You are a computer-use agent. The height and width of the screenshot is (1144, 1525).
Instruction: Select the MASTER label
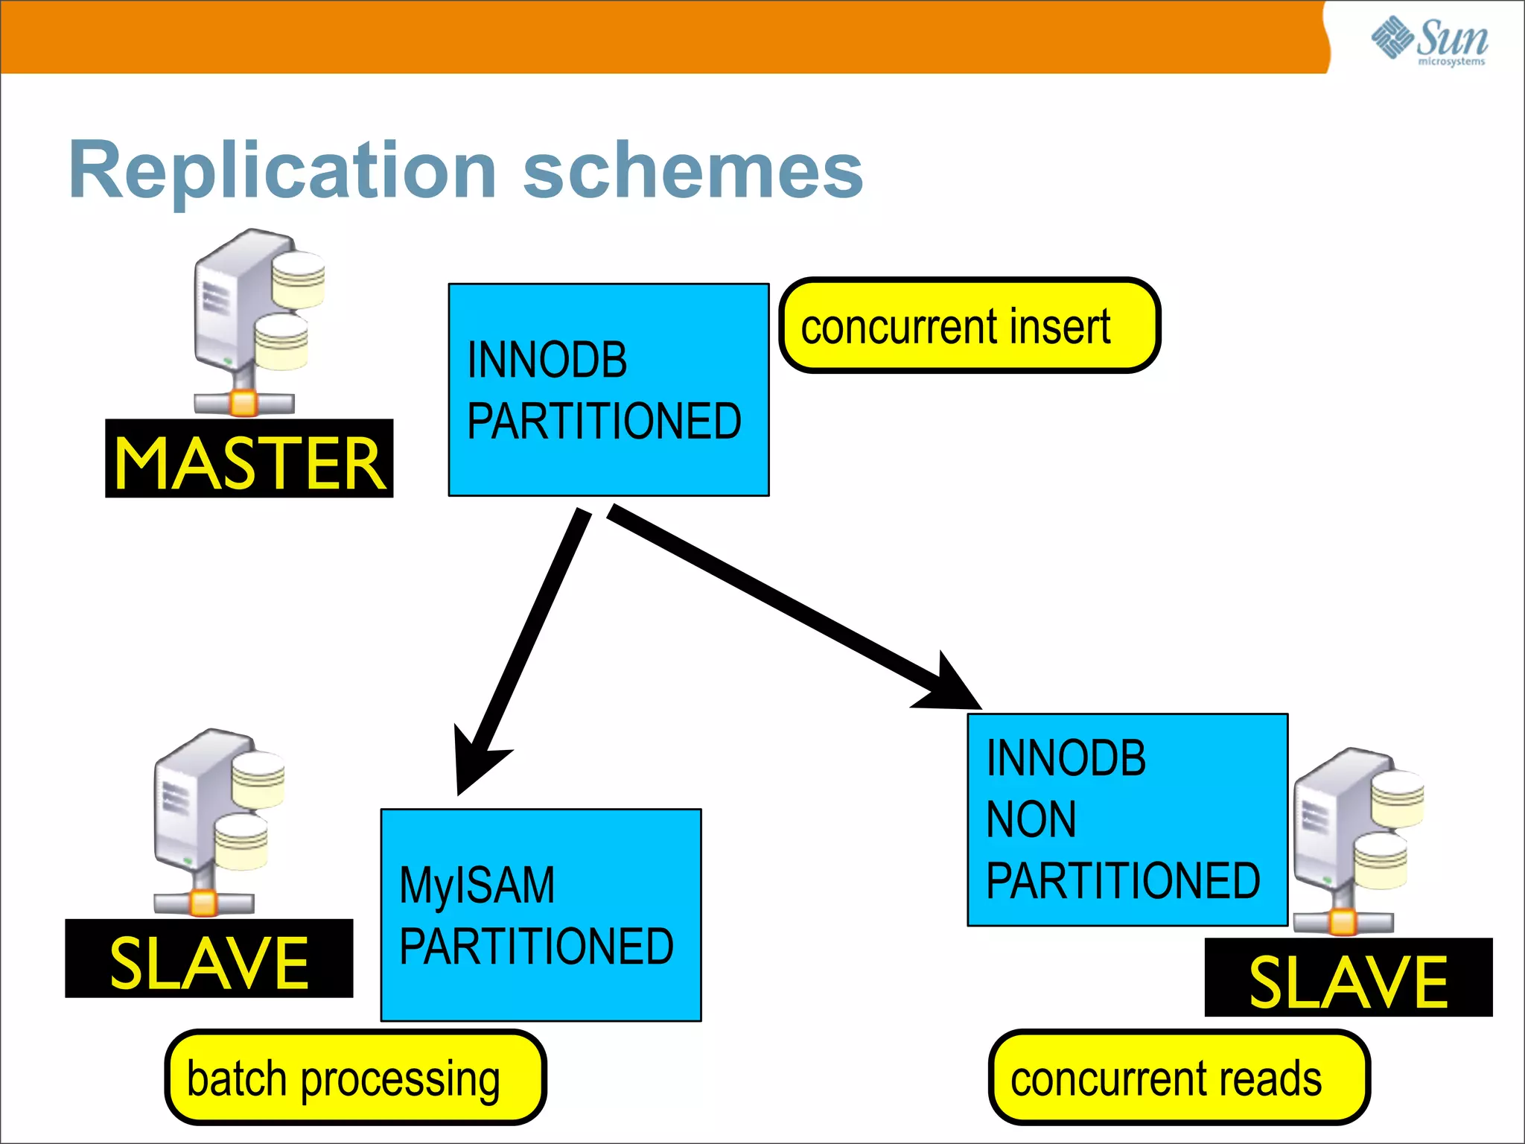pos(249,460)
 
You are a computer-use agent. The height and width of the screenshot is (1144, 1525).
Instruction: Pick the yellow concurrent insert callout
pos(969,325)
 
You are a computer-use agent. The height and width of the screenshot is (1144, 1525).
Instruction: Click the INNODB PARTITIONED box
pos(608,390)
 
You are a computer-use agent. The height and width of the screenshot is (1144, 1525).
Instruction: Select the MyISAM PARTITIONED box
pos(541,915)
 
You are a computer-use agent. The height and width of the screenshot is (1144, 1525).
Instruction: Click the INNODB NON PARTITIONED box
pos(1127,819)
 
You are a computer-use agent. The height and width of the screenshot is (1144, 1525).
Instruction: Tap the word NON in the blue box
pos(1031,819)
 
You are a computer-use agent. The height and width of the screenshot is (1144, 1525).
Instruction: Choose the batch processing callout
pos(355,1078)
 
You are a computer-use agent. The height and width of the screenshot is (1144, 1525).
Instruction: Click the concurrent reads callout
pos(1179,1078)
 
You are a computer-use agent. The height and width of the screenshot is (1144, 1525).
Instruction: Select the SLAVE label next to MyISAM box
pos(208,959)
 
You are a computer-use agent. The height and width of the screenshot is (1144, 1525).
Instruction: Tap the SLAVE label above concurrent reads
pos(1348,979)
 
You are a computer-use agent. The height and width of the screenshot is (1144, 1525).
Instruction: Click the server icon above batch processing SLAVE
pos(216,819)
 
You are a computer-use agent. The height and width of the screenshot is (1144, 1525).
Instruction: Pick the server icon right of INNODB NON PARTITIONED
pos(1355,838)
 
